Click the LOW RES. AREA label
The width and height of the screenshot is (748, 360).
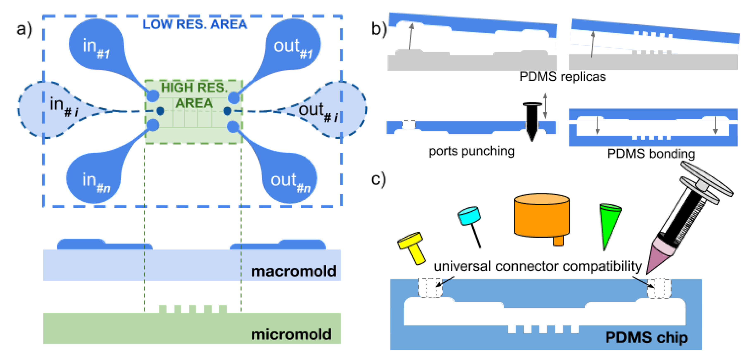click(195, 24)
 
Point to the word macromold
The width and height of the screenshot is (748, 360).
click(294, 272)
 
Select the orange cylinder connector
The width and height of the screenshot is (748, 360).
click(542, 216)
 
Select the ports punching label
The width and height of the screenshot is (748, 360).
click(471, 151)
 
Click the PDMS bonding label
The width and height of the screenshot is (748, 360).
click(651, 153)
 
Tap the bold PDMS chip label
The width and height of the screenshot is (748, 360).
click(647, 338)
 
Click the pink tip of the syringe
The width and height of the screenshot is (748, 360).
click(661, 256)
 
